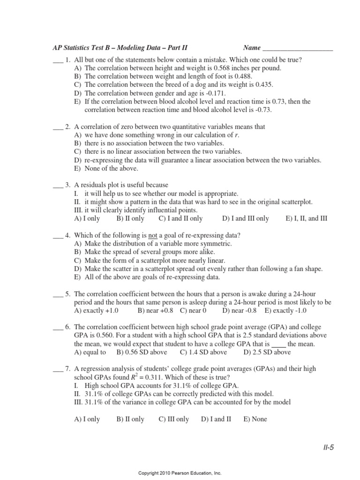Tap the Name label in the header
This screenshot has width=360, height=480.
coord(252,48)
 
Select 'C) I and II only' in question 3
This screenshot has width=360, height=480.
coord(180,218)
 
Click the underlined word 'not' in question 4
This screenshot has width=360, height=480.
coord(153,235)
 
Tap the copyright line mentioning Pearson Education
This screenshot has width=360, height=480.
coord(180,474)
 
